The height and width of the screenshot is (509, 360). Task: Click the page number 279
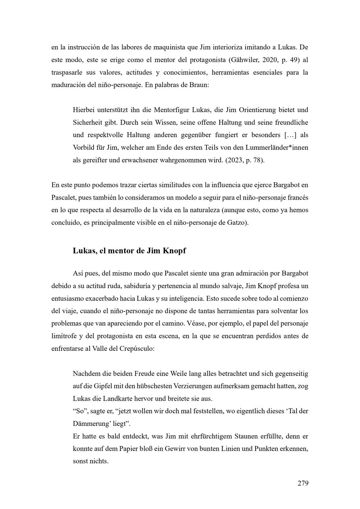pos(303,483)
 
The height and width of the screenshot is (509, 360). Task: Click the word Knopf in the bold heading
pos(175,251)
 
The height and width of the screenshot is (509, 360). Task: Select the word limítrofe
pos(64,336)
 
